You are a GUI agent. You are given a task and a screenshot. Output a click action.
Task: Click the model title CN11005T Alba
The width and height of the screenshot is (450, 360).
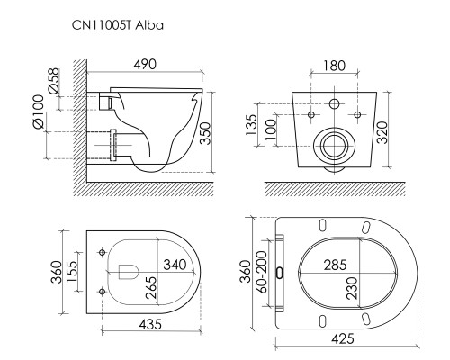[x=118, y=25]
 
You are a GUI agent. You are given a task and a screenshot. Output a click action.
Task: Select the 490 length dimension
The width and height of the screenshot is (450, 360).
[x=145, y=65]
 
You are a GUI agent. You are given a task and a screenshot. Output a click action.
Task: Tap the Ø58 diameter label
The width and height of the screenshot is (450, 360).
[x=54, y=81]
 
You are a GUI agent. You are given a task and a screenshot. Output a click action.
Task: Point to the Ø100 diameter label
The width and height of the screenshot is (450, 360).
[x=39, y=112]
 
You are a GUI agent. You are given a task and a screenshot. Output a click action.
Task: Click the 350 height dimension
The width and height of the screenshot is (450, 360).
[x=206, y=133]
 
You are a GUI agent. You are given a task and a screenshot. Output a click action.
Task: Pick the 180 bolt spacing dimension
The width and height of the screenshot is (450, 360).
[x=335, y=66]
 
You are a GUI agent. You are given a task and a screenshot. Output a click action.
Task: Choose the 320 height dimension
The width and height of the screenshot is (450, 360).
[x=382, y=132]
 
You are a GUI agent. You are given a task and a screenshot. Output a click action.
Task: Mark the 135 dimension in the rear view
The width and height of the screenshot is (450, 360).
[x=252, y=124]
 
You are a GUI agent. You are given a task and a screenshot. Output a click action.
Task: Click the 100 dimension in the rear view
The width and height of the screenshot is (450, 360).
[x=270, y=130]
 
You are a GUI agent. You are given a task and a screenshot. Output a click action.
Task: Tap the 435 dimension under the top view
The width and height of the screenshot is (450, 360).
[x=151, y=324]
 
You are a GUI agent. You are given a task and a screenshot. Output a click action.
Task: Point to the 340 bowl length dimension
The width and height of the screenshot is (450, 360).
[x=175, y=265]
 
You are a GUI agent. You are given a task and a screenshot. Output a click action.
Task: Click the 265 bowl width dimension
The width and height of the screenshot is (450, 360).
[x=151, y=287]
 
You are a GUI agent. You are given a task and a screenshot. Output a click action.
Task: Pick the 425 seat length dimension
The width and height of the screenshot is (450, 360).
[x=343, y=339]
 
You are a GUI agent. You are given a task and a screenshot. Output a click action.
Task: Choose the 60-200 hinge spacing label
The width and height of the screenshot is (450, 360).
[x=262, y=272]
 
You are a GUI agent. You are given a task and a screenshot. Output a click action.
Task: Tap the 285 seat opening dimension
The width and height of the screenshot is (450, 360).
[x=336, y=265]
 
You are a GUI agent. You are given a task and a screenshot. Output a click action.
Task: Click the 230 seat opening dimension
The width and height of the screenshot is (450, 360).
[x=352, y=288]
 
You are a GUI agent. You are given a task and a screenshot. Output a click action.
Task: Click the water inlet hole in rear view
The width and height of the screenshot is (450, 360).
[x=334, y=103]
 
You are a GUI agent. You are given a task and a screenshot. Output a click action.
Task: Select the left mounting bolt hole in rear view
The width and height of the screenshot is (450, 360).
[x=311, y=114]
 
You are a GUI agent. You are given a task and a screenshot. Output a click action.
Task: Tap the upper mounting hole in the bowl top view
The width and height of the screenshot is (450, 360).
[x=103, y=253]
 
